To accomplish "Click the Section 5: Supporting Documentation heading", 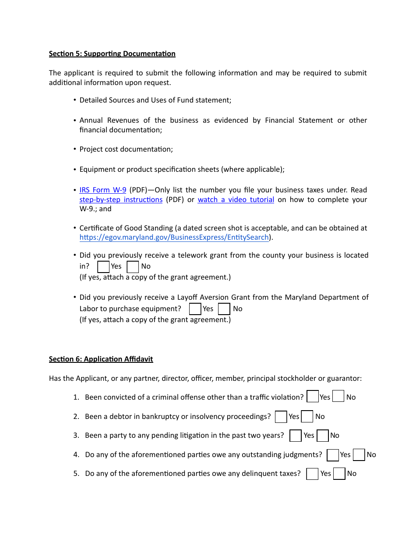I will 112,54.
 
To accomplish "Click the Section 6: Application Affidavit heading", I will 101,359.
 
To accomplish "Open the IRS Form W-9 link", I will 103,190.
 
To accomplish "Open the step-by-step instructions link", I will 121,200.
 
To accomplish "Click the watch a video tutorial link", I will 236,200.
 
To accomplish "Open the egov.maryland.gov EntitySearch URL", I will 174,238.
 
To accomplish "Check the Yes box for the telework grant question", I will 103,266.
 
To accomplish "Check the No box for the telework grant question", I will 133,266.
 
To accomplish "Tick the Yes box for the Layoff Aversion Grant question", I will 195,309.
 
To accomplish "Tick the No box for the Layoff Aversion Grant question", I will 224,309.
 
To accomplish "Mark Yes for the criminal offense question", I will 313,397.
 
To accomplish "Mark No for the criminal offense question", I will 338,397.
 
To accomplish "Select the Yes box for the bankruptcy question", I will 281,417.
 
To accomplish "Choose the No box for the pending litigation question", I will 323,436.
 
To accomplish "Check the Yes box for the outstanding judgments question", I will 333,455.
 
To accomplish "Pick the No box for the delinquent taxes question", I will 339,474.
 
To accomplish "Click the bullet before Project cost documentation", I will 75,149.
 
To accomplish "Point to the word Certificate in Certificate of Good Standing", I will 95,228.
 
